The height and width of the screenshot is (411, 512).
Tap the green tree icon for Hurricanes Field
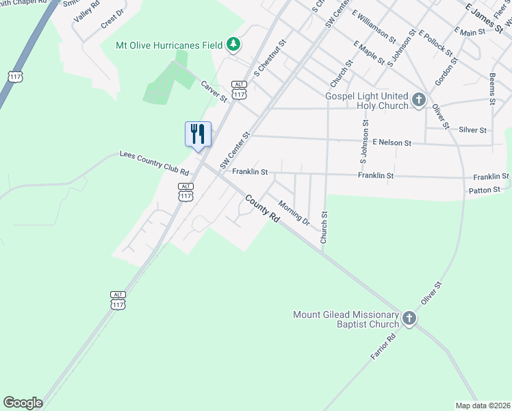(233, 45)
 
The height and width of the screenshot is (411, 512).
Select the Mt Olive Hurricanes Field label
(170, 45)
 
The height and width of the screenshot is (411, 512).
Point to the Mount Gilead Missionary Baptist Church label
(346, 319)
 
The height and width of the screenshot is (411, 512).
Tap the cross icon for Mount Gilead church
(409, 319)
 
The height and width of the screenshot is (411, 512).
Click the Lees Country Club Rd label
(154, 162)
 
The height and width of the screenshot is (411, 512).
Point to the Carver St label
(214, 91)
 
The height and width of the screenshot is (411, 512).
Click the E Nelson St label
(392, 143)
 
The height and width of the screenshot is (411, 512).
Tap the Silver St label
(472, 129)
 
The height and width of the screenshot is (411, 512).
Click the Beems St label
(492, 88)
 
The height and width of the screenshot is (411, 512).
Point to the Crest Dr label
(112, 22)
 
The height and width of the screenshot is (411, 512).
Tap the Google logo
(23, 403)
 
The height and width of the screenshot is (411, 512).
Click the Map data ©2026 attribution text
(483, 406)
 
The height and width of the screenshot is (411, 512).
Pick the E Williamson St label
(373, 25)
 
